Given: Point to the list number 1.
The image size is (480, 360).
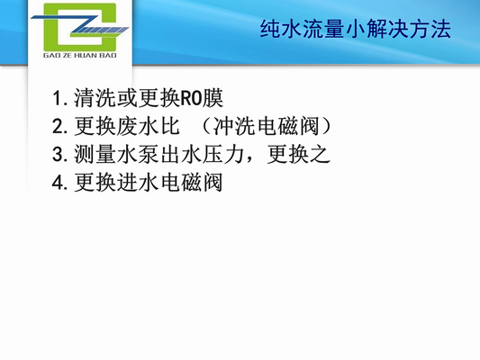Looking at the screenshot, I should (58, 97).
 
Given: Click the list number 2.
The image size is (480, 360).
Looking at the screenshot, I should (58, 125).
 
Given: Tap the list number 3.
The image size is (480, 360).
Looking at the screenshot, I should (58, 154).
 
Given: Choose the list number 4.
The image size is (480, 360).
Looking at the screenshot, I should (58, 183).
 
